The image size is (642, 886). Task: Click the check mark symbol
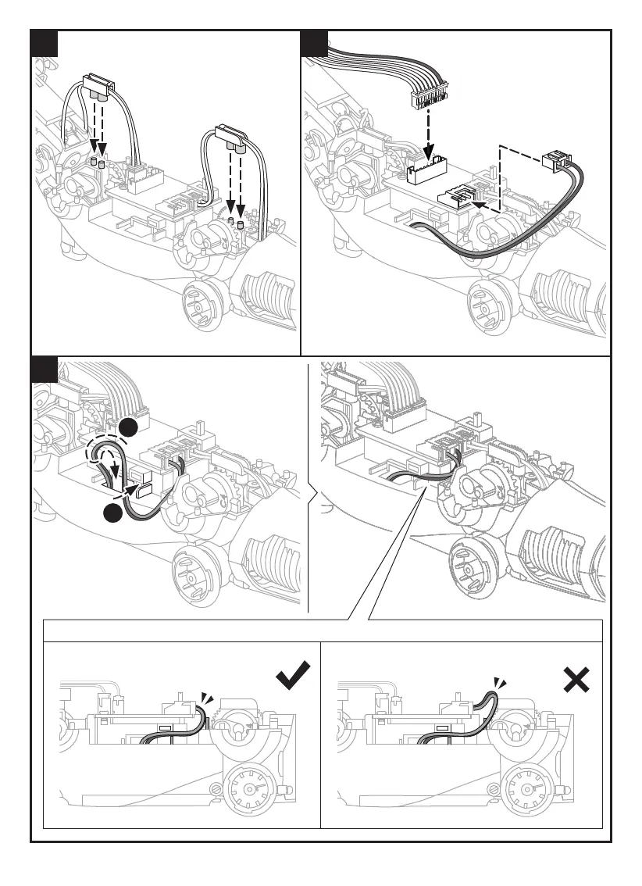point(293,676)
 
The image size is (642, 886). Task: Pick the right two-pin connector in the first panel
point(232,135)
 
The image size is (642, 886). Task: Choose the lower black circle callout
point(113,512)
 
